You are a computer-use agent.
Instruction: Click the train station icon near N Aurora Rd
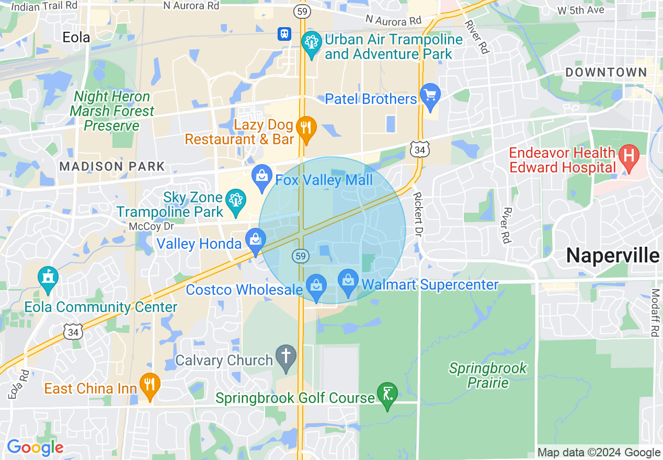284,34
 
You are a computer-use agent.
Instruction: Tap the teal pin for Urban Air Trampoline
312,43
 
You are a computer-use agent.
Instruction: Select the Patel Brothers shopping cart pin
430,96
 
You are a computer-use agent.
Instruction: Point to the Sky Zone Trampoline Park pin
235,201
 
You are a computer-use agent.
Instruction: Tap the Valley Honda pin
255,241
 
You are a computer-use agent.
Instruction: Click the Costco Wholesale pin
316,286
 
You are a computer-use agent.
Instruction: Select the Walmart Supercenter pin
348,282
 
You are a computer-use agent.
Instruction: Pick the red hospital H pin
629,157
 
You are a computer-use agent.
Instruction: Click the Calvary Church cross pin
286,357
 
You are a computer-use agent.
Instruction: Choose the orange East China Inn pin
150,385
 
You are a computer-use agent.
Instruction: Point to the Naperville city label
612,256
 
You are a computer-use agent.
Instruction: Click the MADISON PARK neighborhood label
112,167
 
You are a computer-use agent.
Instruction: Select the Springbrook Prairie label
488,375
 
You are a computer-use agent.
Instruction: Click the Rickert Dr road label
418,213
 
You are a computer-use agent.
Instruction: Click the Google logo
35,447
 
